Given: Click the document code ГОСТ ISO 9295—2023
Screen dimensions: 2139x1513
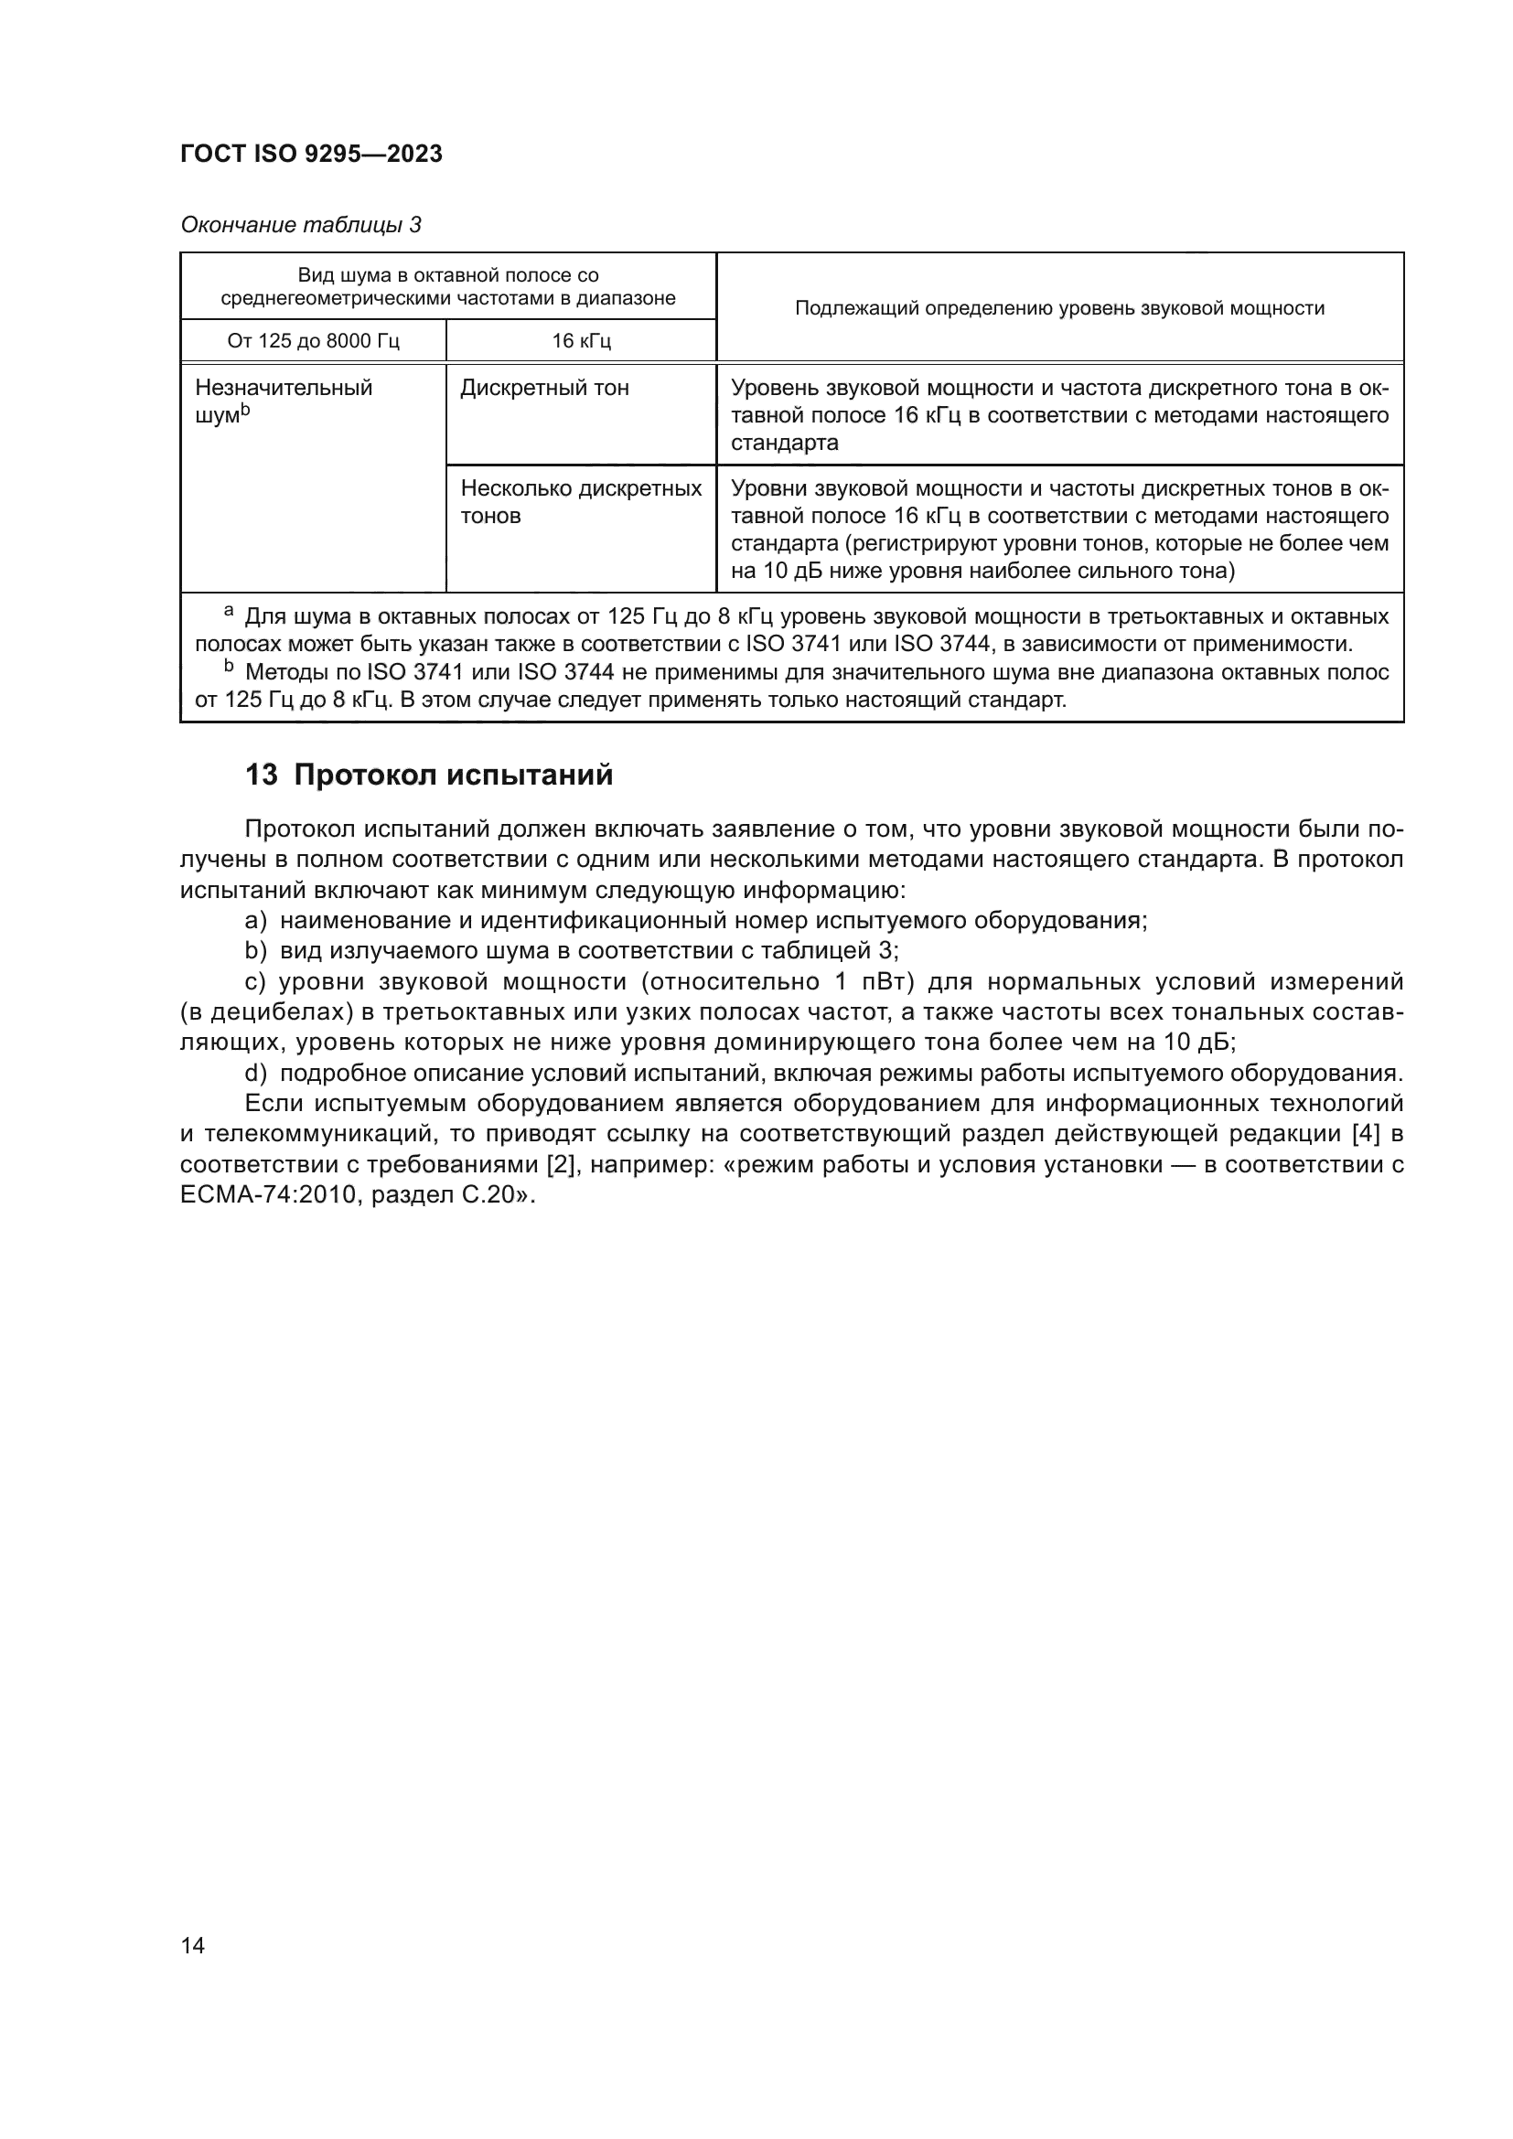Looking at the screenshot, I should pyautogui.click(x=311, y=155).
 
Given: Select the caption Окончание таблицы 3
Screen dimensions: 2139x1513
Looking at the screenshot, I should pyautogui.click(x=300, y=226).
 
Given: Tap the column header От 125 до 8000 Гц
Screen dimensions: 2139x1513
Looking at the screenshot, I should pyautogui.click(x=313, y=341).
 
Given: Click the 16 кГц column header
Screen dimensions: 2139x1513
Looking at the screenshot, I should pyautogui.click(x=581, y=341).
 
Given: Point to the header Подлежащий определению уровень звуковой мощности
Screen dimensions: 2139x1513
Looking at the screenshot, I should pyautogui.click(x=1059, y=308).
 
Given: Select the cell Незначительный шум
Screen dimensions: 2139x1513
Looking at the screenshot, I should pyautogui.click(x=284, y=401).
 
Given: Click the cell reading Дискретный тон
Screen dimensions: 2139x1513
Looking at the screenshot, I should pyautogui.click(x=544, y=389).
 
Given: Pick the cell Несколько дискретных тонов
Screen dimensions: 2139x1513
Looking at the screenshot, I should pyautogui.click(x=581, y=502).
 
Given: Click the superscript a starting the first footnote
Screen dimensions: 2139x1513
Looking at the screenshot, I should pyautogui.click(x=229, y=612).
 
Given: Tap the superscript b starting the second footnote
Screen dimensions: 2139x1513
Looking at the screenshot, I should pyautogui.click(x=229, y=667).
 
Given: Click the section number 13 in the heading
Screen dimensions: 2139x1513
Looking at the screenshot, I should pyautogui.click(x=261, y=775).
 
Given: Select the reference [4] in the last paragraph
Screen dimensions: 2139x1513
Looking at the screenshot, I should pyautogui.click(x=1366, y=1135).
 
